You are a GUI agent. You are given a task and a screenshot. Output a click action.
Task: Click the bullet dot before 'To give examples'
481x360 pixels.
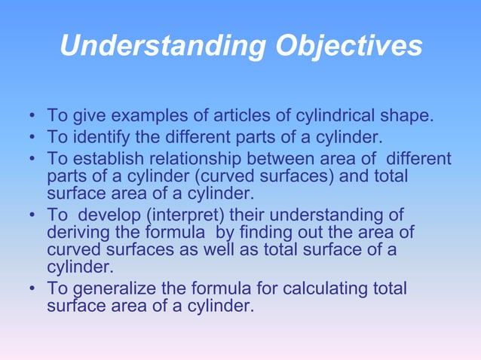(31, 117)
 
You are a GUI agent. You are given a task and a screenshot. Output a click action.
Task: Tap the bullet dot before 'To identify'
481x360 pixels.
(31, 139)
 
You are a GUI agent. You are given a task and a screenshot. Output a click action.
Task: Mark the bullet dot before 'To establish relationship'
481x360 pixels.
(31, 160)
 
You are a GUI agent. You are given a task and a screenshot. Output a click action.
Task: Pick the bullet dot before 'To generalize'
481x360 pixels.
(31, 290)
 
